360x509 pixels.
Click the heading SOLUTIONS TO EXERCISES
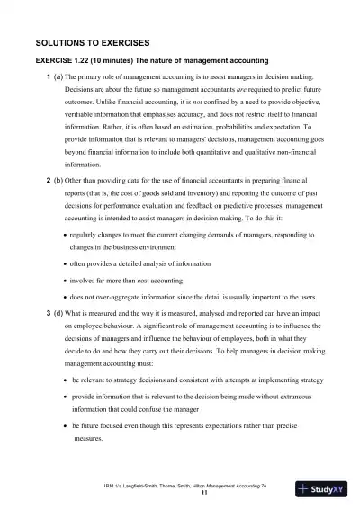pyautogui.click(x=92, y=42)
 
